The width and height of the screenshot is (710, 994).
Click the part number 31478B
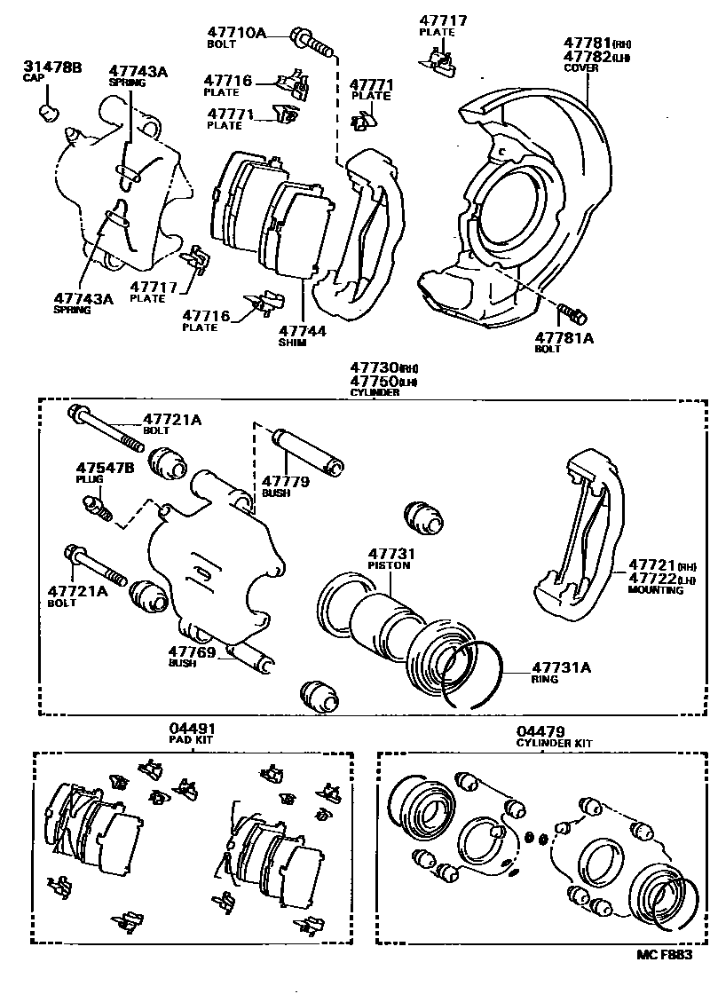(51, 66)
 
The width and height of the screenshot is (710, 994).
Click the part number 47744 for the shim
(301, 331)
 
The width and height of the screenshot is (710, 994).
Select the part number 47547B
(105, 467)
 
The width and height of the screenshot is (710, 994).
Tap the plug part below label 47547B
(96, 509)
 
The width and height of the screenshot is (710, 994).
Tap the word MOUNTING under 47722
(656, 590)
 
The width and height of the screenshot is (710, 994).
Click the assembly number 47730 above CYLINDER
(373, 367)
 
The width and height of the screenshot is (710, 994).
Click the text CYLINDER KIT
(554, 743)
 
